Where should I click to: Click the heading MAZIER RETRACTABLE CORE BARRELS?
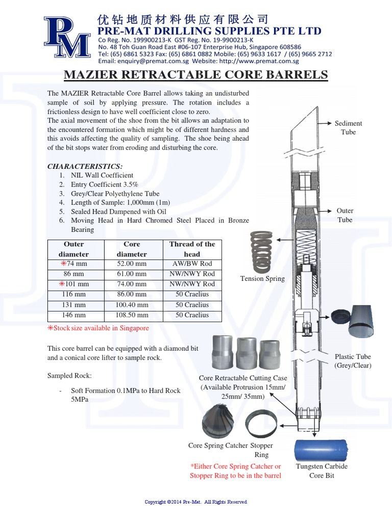pos(195,75)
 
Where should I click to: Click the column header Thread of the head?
pos(192,249)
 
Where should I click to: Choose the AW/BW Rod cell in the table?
pos(192,264)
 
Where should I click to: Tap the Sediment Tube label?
pos(348,127)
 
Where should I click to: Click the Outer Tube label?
pos(345,215)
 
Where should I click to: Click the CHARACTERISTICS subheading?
pos(85,166)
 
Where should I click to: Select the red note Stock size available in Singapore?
pos(99,328)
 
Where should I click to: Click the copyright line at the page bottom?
pos(196,502)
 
